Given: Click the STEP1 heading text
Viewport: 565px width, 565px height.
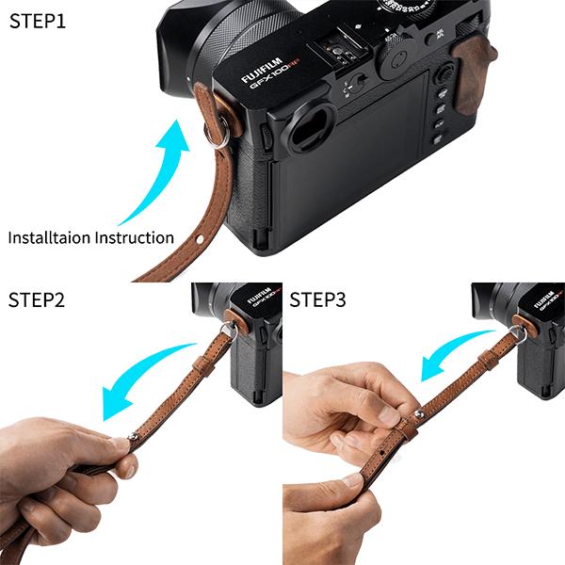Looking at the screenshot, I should click(x=38, y=20).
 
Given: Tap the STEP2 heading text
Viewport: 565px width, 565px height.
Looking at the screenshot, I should click(x=38, y=301).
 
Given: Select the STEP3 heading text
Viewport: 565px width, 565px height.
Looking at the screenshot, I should click(x=317, y=301).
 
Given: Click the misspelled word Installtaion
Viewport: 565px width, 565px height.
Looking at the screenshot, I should click(x=49, y=237).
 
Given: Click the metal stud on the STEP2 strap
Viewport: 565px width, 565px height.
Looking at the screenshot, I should click(x=135, y=437).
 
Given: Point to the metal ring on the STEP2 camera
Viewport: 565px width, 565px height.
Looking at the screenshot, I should click(x=226, y=329).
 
